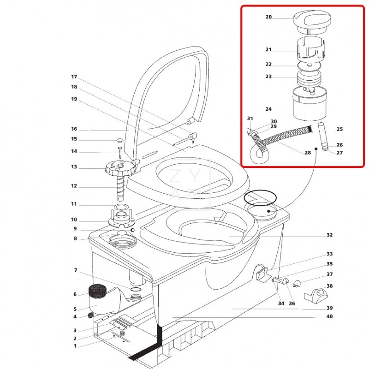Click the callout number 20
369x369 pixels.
click(268, 17)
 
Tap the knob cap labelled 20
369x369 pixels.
click(312, 22)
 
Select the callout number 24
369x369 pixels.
click(268, 109)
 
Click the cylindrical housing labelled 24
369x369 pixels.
click(309, 104)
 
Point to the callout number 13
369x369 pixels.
click(74, 167)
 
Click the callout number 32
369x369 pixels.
click(330, 235)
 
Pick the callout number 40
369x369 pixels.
click(330, 316)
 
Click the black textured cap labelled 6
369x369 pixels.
click(97, 291)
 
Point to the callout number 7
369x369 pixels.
click(76, 270)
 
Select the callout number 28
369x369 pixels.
click(308, 153)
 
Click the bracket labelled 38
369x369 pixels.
click(315, 296)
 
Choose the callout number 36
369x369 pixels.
click(292, 304)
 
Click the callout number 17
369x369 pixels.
click(74, 77)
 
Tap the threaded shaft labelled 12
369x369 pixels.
click(120, 188)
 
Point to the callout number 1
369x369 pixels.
click(75, 346)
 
